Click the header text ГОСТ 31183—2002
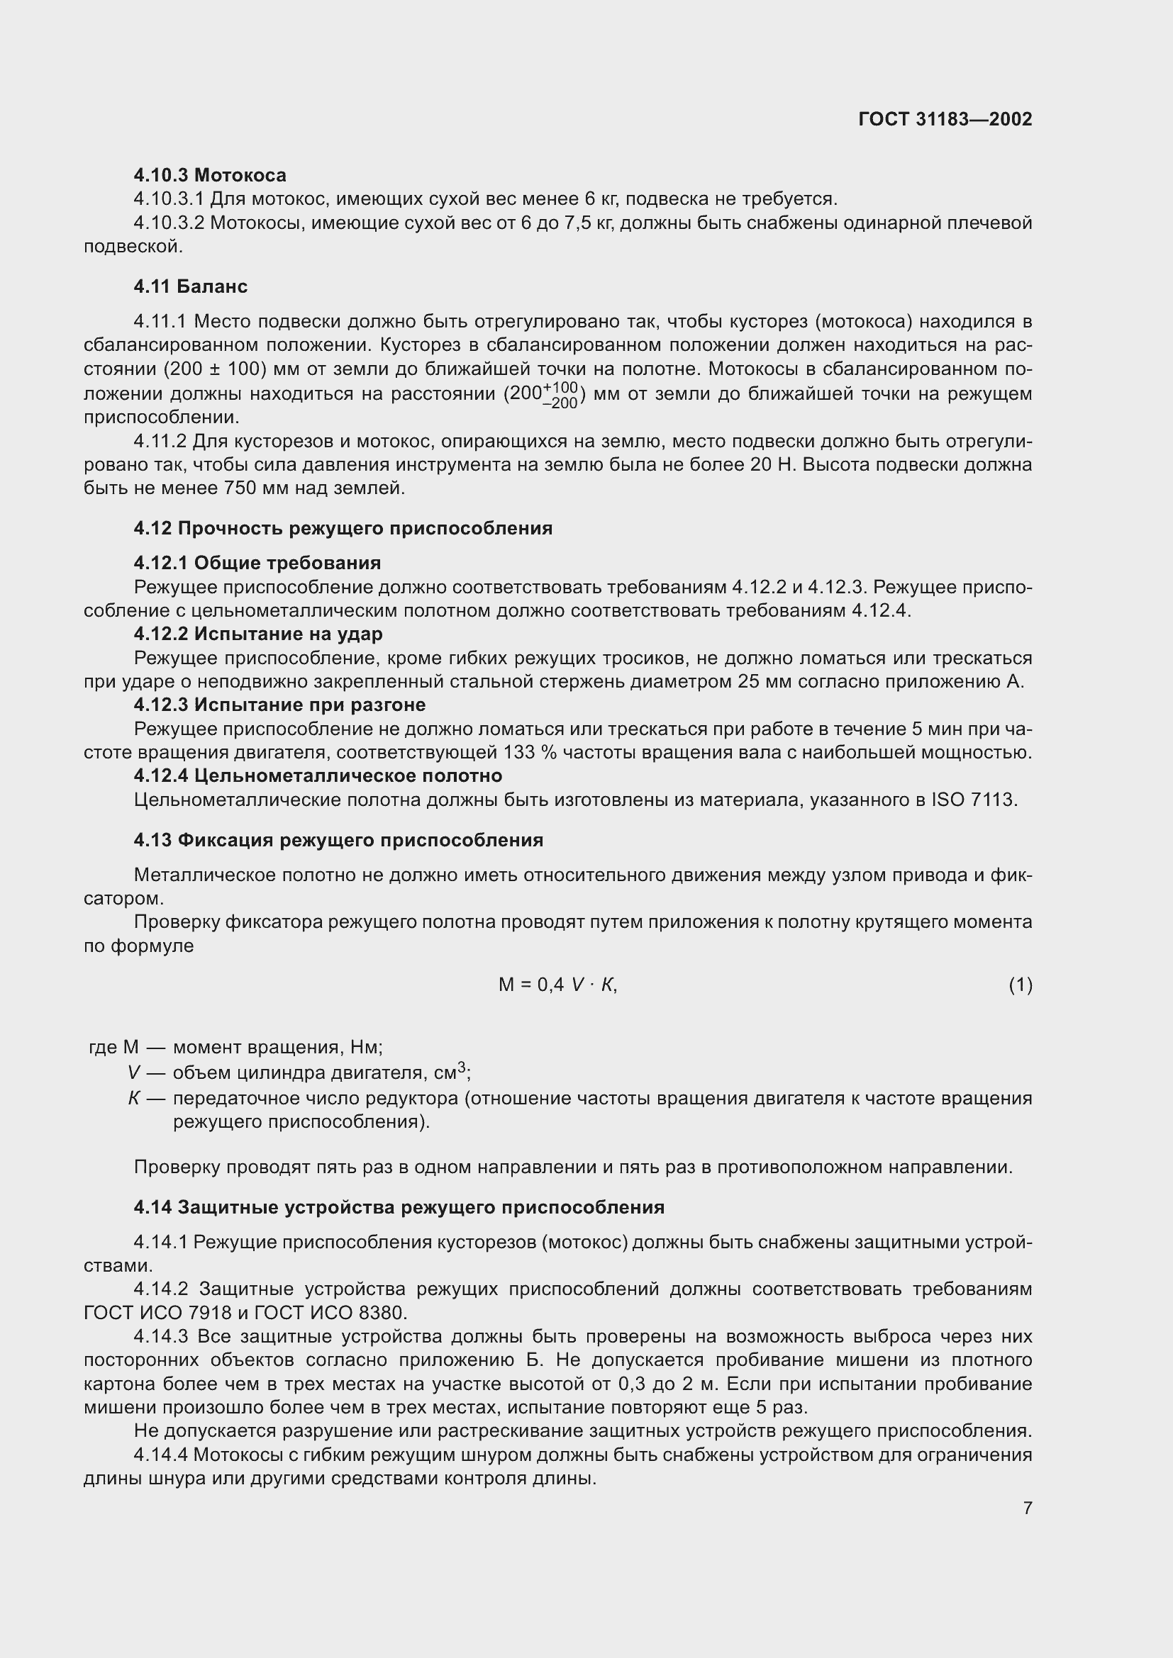[x=945, y=119]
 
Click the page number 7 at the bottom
[x=1027, y=1508]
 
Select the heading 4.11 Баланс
[x=191, y=286]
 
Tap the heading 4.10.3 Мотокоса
[x=209, y=175]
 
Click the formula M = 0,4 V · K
[x=557, y=985]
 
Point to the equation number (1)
[x=1020, y=985]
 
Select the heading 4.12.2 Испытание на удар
[x=258, y=634]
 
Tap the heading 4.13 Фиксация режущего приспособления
[x=338, y=840]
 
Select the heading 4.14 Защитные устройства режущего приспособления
[x=399, y=1207]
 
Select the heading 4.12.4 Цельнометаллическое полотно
[x=318, y=776]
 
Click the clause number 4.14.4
[x=160, y=1455]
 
